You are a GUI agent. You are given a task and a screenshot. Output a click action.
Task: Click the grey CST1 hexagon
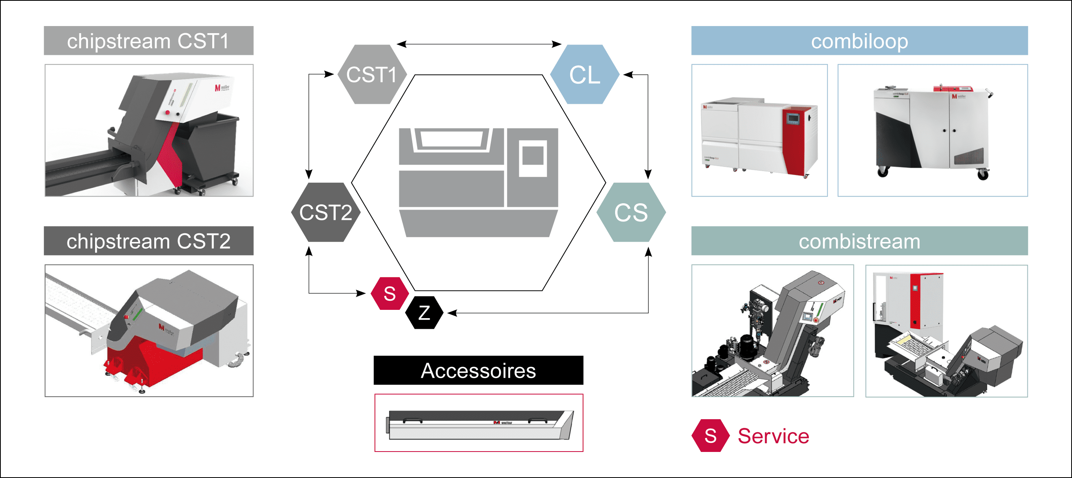(x=372, y=75)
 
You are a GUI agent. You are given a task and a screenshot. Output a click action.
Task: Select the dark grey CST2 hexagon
(x=326, y=212)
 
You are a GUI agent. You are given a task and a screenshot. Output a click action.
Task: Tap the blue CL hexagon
(x=585, y=75)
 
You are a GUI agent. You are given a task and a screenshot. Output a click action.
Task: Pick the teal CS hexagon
(x=631, y=212)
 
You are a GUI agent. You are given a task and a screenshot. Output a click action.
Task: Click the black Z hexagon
(x=424, y=313)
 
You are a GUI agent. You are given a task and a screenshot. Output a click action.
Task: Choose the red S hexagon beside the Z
(x=389, y=294)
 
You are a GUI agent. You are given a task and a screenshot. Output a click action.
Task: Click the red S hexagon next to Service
(x=710, y=435)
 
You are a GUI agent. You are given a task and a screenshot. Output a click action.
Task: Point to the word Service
(x=773, y=436)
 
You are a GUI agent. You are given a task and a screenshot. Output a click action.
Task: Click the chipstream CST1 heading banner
(x=149, y=41)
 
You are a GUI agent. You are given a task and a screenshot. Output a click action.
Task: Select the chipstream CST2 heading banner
(x=149, y=241)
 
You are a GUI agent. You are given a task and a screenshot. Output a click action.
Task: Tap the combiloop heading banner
(x=859, y=41)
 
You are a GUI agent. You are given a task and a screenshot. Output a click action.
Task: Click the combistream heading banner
(x=859, y=241)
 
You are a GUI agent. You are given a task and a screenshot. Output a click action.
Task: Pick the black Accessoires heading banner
(x=478, y=370)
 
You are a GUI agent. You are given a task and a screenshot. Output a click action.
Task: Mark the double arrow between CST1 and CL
(x=479, y=44)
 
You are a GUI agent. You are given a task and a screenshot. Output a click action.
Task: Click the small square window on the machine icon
(x=533, y=156)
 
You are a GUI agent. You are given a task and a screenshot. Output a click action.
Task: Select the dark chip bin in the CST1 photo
(x=212, y=146)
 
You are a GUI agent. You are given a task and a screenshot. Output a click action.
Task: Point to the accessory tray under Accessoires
(x=479, y=425)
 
